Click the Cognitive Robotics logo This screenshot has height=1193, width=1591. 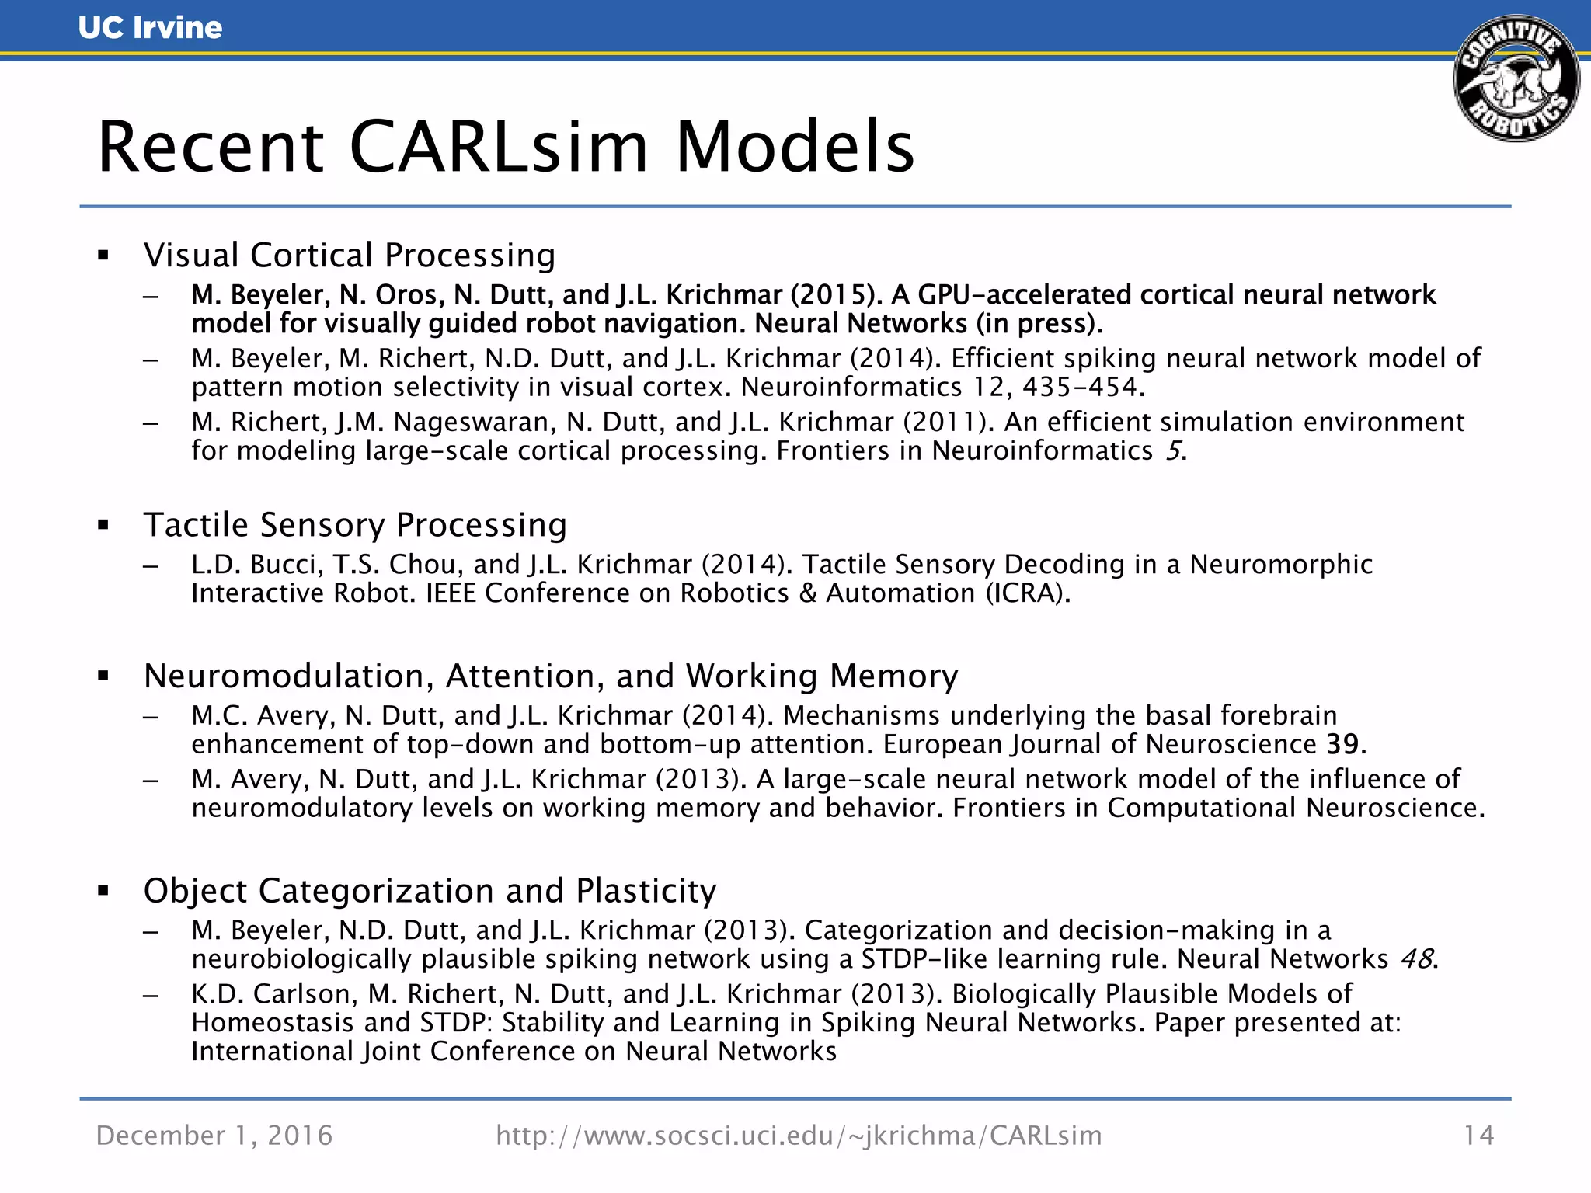pos(1516,78)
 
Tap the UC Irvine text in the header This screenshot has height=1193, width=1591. pos(150,28)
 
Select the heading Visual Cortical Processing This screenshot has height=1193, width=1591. pos(350,256)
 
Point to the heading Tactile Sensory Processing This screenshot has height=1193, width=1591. pos(355,525)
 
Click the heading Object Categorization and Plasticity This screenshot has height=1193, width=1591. pos(430,891)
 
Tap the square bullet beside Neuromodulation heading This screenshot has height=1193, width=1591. pos(103,676)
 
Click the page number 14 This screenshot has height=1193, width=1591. pos(1478,1136)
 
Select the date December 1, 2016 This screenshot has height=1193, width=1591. pos(214,1136)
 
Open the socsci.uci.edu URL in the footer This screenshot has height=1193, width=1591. pos(799,1136)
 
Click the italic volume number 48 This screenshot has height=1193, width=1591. pos(1416,959)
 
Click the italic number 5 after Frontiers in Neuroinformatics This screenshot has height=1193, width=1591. pos(1172,451)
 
